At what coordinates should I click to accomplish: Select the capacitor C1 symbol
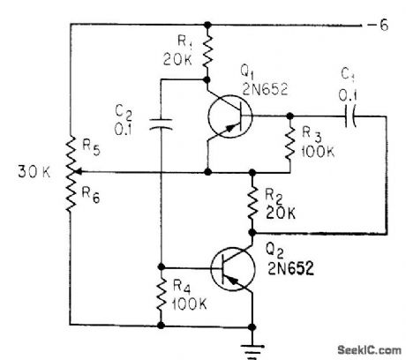pos(353,116)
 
